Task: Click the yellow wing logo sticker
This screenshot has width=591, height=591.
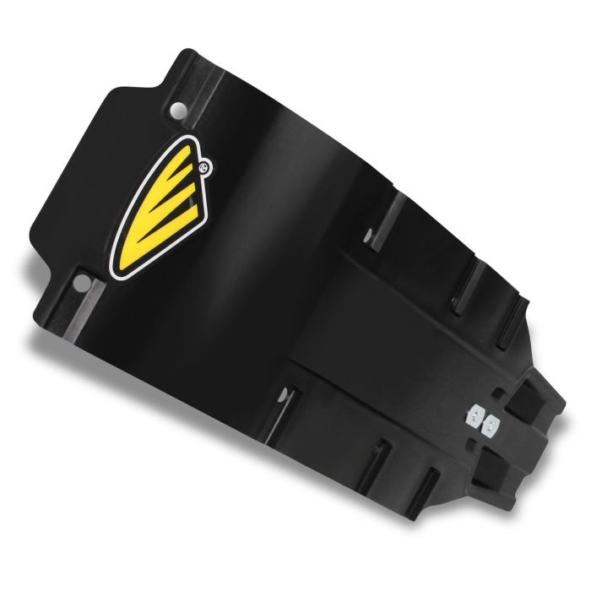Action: [x=165, y=198]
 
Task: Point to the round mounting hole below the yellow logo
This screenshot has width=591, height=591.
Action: [x=82, y=279]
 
